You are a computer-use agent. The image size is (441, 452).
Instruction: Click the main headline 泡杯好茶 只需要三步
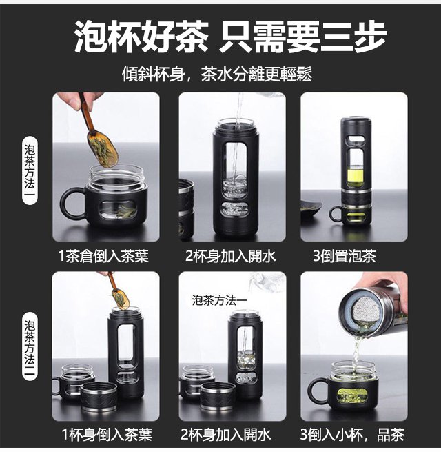[x=230, y=37]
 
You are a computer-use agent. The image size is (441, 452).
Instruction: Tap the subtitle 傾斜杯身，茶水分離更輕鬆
[x=217, y=75]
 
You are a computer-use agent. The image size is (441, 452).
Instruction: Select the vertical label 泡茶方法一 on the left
[x=30, y=170]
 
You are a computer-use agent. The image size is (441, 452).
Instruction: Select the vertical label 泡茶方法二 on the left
[x=30, y=348]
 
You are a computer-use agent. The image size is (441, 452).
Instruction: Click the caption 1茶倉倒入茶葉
[x=103, y=256]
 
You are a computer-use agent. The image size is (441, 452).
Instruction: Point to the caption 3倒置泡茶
[x=345, y=256]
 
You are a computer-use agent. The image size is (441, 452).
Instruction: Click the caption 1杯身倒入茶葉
[x=107, y=435]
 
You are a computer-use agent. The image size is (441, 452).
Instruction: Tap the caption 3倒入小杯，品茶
[x=352, y=435]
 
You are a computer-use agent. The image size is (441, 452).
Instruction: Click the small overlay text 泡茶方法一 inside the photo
[x=220, y=301]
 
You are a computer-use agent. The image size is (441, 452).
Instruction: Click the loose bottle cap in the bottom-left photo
[x=99, y=397]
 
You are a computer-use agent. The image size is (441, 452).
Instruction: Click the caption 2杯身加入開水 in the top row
[x=231, y=256]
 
